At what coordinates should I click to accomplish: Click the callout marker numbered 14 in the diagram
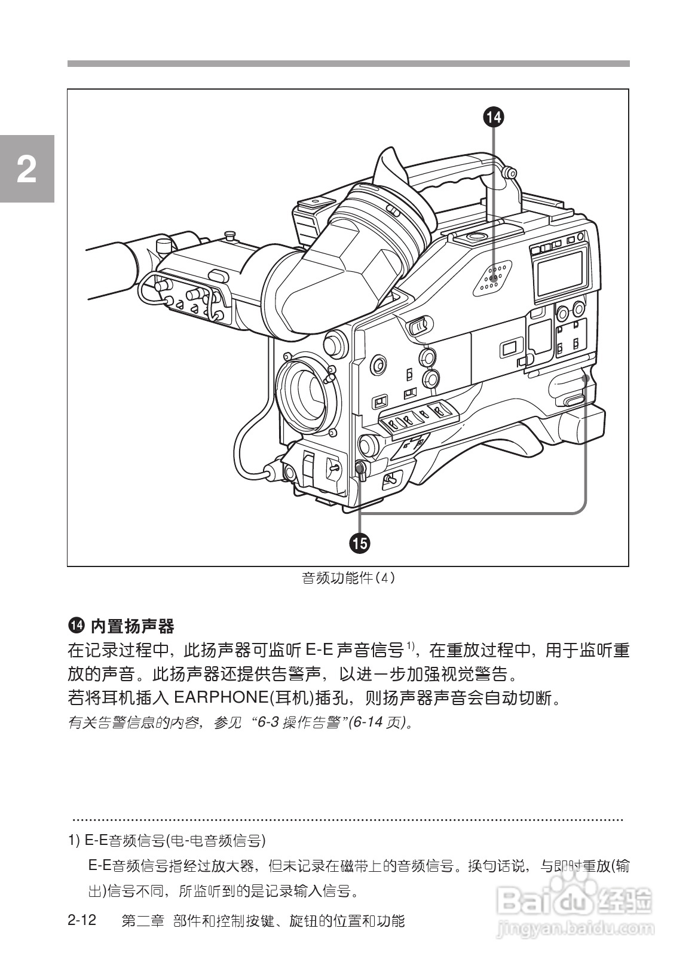pos(494,117)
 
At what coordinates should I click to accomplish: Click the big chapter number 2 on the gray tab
pos(26,169)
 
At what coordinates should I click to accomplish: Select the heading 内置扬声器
pos(132,627)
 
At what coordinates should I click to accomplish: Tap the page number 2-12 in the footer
pos(82,920)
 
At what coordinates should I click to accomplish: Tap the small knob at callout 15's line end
pos(360,469)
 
